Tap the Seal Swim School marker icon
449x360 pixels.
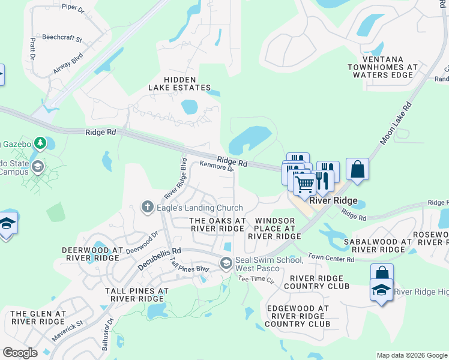point(226,262)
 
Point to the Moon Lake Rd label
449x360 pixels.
point(395,124)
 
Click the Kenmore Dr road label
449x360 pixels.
point(216,166)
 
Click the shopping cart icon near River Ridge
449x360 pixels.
point(304,183)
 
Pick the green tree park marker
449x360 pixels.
point(40,143)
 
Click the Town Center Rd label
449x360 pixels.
point(331,259)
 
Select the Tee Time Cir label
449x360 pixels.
point(256,279)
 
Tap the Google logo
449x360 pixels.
point(20,353)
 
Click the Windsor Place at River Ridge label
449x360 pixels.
point(274,229)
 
